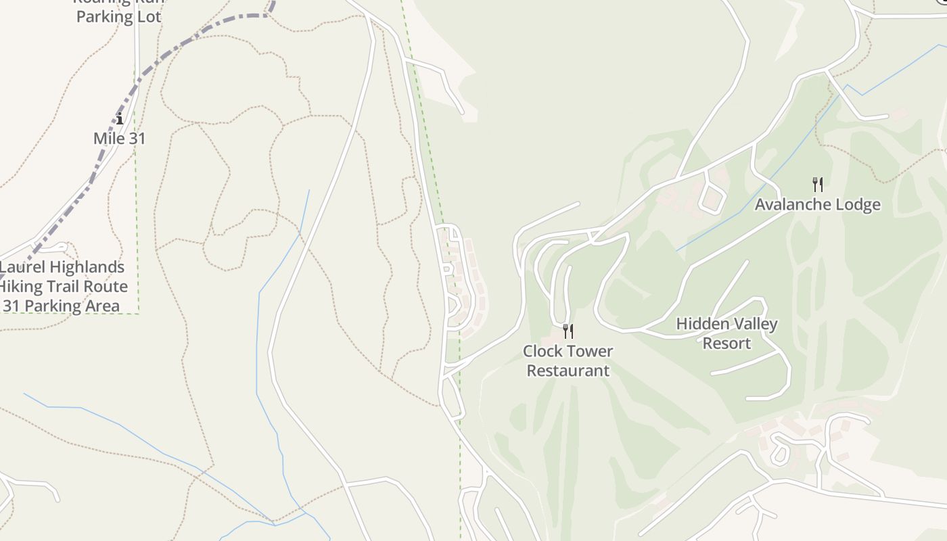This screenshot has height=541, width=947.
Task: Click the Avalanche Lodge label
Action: point(817,204)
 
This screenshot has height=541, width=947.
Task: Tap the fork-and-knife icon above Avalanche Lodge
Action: point(817,184)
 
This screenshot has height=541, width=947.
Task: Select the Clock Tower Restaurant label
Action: point(568,360)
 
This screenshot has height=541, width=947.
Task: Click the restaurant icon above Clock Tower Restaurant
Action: point(568,331)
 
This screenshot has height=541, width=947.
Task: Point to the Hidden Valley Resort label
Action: point(726,333)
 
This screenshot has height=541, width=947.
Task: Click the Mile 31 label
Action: point(119,138)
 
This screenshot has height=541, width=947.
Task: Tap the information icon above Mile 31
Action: point(120,120)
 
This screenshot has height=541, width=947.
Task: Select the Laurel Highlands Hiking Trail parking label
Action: point(62,286)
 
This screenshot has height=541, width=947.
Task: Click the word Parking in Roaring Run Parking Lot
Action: point(99,17)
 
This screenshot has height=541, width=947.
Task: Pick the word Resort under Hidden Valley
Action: point(726,343)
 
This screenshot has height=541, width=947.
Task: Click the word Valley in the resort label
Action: point(754,324)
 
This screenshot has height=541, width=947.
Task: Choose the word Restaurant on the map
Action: point(568,371)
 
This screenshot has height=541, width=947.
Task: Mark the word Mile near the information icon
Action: point(107,138)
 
